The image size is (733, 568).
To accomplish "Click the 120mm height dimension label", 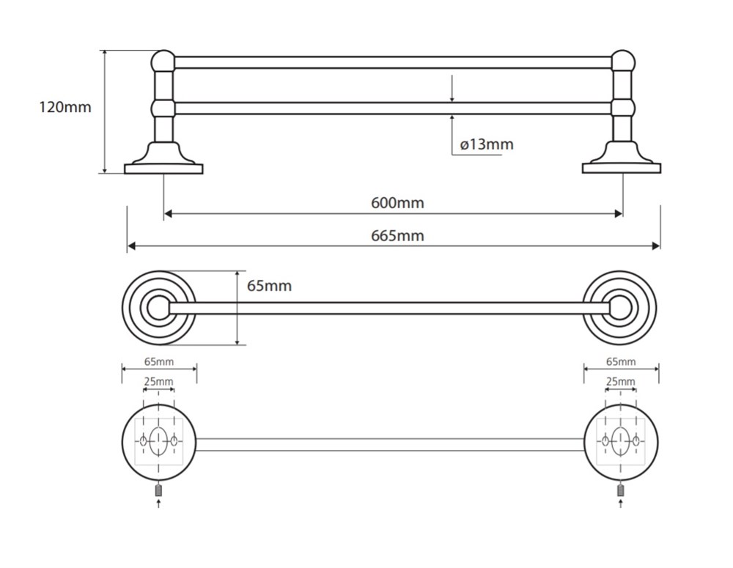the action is coord(65,107).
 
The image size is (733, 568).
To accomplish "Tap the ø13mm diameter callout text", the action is coord(487,144).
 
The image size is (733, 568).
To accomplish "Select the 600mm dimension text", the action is coord(397,203).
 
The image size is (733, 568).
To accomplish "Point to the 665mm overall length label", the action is coord(397,235).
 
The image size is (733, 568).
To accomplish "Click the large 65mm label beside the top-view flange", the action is coord(269,286).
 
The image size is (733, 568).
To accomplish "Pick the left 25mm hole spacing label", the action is coord(158,381).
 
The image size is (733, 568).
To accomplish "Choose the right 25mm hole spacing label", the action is coord(621,381).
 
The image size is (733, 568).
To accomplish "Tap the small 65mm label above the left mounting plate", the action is coord(159,361).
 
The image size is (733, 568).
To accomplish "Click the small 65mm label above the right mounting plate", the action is coord(621,361).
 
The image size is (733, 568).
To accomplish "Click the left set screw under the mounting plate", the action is coord(158,490).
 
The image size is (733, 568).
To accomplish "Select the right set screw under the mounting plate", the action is coord(621,490).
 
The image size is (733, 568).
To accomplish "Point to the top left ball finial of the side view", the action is coord(163,62).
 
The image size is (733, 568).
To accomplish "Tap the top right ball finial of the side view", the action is coord(623,62).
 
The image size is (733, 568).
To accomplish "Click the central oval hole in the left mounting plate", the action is coord(158,441).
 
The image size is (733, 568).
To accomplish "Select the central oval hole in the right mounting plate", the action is coord(621,441).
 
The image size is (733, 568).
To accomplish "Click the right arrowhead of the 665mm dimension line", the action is coord(656,246).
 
